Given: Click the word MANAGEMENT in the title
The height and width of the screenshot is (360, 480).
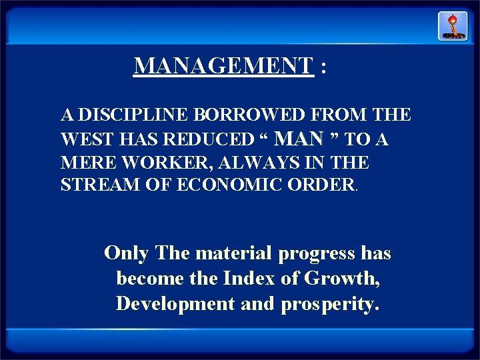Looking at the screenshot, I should tap(223, 65).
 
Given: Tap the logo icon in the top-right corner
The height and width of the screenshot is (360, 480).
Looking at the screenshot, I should tap(452, 26).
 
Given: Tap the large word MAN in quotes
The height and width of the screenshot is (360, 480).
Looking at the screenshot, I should tap(299, 138).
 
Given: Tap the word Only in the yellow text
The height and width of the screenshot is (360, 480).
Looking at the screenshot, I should tap(127, 253).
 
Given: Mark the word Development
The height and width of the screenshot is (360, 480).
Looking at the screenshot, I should tap(175, 303).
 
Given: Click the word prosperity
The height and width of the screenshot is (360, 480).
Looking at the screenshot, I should tap(330, 304).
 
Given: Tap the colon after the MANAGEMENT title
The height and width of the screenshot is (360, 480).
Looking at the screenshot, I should tap(323, 68).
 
